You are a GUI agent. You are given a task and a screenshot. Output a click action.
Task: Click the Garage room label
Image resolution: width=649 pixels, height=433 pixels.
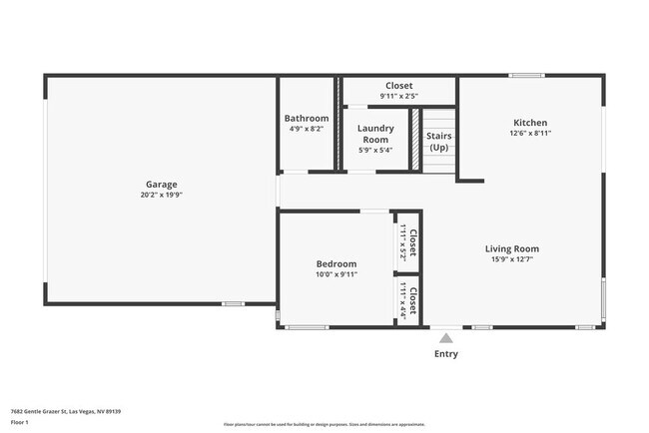[x=162, y=185]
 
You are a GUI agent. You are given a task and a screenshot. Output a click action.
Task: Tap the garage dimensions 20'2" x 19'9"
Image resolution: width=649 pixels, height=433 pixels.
[x=162, y=196]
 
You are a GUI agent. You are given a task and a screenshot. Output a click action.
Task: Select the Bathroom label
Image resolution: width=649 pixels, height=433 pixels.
[x=306, y=118]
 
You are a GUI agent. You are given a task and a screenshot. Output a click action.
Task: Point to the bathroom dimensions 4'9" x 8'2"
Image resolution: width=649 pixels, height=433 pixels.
[x=306, y=129]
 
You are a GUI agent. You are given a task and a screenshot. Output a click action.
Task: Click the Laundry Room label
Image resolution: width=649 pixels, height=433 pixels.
[x=375, y=134]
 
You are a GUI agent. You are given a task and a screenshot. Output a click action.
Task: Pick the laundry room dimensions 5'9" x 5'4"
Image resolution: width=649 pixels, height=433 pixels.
[x=375, y=151]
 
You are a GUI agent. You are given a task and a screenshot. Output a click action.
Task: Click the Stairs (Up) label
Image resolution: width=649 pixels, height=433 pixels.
[x=438, y=141]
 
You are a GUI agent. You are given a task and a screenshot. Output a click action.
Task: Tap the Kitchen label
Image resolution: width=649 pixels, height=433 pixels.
[x=530, y=122]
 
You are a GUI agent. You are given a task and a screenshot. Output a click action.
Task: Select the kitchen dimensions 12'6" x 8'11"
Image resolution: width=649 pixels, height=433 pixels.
[x=530, y=133]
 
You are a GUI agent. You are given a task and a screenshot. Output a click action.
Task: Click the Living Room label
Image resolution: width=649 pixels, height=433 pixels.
[x=512, y=249]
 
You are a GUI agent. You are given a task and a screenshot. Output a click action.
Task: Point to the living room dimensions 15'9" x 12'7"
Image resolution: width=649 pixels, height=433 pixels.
[x=512, y=260]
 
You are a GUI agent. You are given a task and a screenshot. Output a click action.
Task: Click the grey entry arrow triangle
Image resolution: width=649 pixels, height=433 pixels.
[x=445, y=338]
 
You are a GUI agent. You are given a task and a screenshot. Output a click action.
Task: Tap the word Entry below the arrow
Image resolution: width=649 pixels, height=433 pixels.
[x=445, y=354]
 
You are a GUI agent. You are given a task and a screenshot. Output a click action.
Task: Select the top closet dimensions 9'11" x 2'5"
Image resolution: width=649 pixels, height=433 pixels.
[x=398, y=97]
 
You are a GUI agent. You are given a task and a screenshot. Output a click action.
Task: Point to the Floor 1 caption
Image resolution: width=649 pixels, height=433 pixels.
[x=20, y=422]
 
